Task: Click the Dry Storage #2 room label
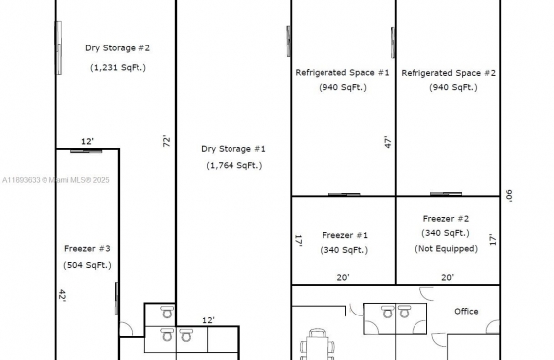pos(118,48)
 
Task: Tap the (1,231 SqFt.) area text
pos(118,67)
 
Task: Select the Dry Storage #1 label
pos(233,149)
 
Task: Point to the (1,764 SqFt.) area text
pos(234,165)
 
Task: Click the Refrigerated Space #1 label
pos(342,73)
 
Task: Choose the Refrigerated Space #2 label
pos(448,73)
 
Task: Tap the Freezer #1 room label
pos(345,235)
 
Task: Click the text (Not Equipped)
pos(446,248)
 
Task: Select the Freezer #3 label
pos(87,248)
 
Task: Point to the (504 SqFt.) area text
pos(87,265)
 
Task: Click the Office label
pos(466,311)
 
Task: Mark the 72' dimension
pos(167,141)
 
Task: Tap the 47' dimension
pos(388,142)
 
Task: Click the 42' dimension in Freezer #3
pos(62,295)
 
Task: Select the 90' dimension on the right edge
pos(509,196)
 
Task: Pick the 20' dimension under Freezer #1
pos(343,277)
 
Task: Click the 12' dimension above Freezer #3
pos(87,141)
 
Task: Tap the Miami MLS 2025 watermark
pos(55,180)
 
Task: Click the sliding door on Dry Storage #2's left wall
pos(59,47)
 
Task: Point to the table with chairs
pos(318,346)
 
